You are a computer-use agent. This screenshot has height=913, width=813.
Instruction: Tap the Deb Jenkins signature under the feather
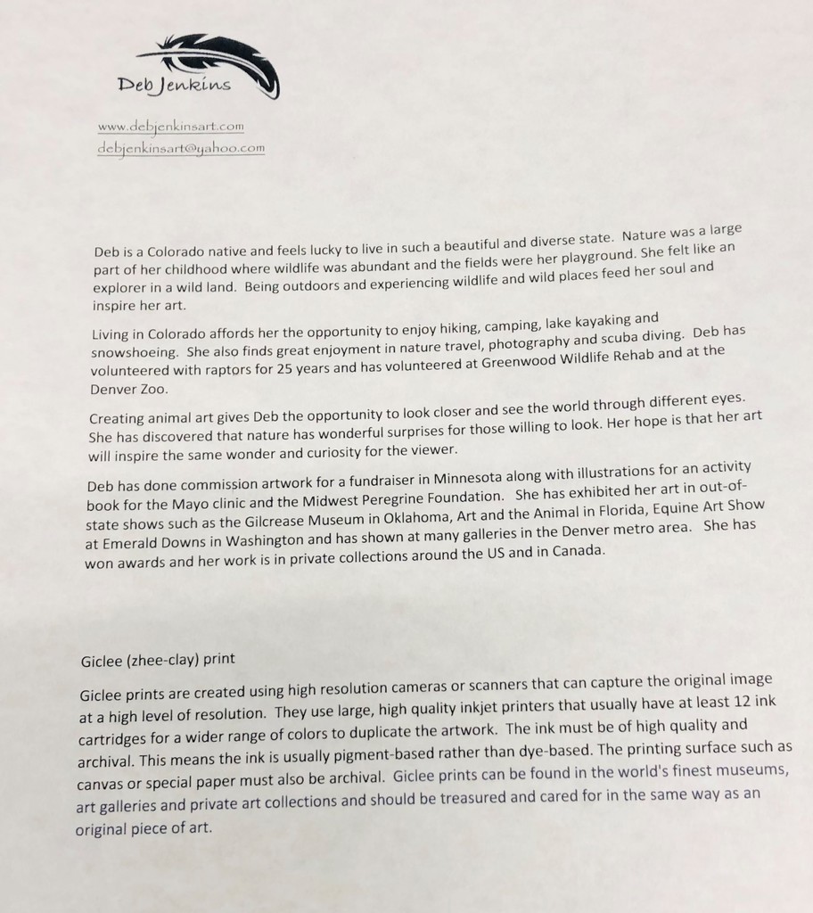[x=174, y=86]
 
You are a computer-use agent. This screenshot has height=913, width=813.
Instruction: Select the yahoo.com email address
[x=181, y=149]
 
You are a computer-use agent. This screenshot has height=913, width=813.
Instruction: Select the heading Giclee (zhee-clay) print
[x=158, y=661]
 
